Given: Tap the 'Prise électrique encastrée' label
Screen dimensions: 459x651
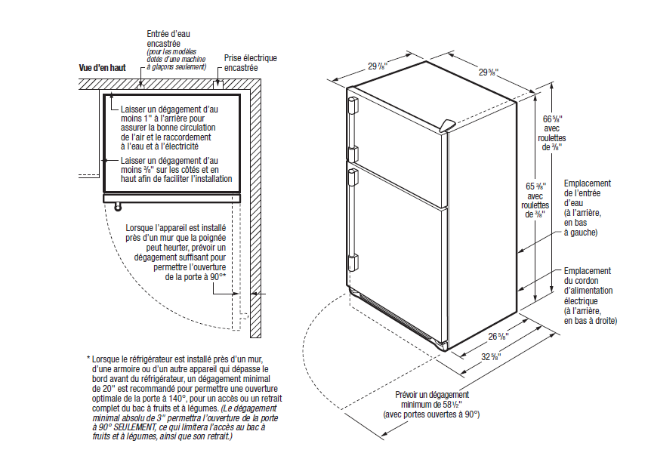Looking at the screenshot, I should point(250,63).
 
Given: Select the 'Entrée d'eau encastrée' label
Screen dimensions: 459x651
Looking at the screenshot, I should point(168,39).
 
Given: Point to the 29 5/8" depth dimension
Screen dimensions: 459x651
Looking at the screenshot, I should point(487,72).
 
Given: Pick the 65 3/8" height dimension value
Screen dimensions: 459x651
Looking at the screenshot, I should point(537,186).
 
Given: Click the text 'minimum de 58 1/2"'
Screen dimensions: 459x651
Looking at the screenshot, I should point(433,405).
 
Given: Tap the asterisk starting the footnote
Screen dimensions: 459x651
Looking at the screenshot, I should point(88,359).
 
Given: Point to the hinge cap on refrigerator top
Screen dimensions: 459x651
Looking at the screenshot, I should point(449,123).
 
